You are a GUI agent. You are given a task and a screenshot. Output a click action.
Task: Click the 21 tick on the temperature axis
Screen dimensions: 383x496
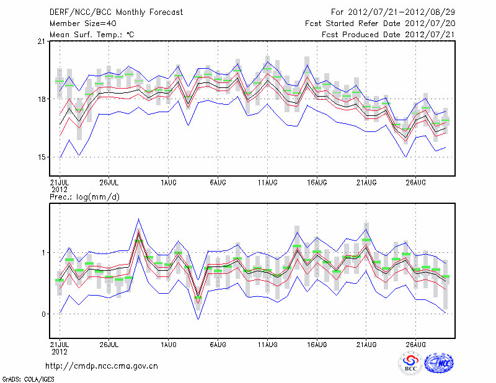[x=41, y=42]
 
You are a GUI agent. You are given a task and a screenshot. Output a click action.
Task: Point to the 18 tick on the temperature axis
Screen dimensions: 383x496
[x=41, y=99]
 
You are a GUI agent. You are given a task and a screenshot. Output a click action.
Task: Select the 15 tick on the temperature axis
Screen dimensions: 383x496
[x=41, y=157]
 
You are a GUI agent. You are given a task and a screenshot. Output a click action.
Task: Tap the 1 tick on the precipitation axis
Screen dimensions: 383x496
[x=44, y=253]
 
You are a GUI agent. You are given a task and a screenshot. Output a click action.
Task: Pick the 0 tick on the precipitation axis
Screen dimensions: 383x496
[x=44, y=314]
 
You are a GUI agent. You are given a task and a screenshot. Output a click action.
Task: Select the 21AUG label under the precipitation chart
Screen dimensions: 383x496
[x=366, y=343]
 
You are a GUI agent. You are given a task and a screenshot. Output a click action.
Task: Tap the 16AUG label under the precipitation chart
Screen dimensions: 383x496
[x=317, y=343]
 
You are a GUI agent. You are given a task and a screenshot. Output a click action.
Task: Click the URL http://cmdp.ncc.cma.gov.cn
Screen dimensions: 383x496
[x=102, y=366]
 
